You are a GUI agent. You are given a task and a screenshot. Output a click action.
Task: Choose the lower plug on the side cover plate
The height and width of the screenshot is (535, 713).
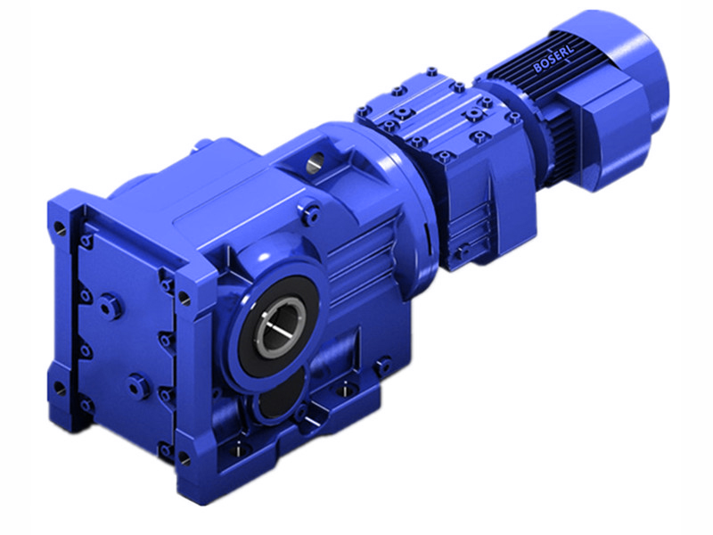[x=135, y=385]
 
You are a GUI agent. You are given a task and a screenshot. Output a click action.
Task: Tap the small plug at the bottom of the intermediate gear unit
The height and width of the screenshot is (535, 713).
[x=463, y=251]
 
